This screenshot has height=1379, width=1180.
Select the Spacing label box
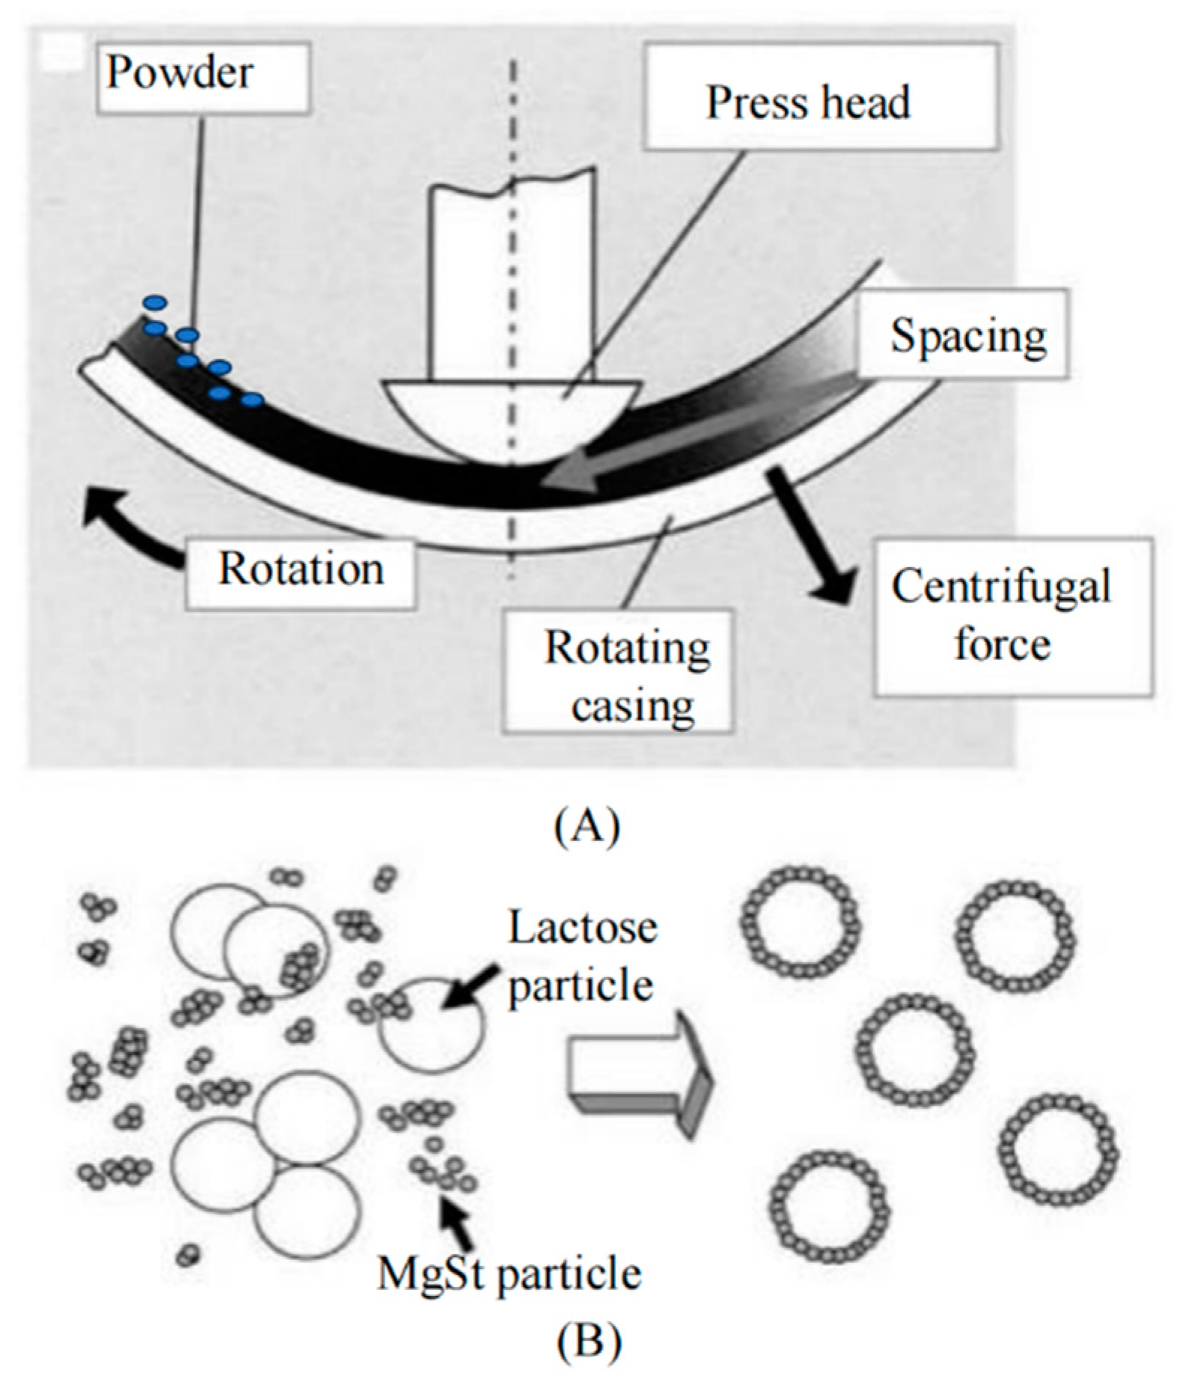coord(964,334)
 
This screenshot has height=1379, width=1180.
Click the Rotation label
coord(301,569)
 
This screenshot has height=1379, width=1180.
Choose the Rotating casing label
coord(618,671)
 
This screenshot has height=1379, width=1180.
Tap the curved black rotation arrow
coord(127,524)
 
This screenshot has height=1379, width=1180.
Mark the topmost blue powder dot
coord(156,303)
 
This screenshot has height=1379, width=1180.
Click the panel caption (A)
coord(588,826)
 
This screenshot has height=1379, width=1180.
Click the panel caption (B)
coord(588,1342)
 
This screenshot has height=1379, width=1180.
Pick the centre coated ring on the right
coord(914,1050)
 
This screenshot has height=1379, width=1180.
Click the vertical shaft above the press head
coord(511,277)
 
